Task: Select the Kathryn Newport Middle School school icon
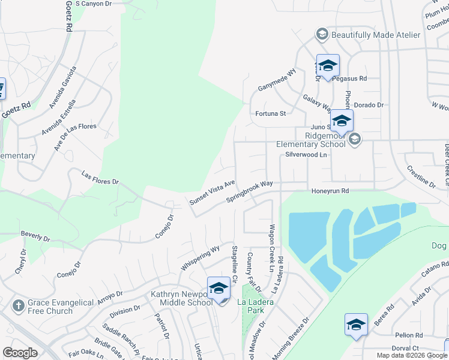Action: (x=218, y=288)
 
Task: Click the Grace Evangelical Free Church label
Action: (x=50, y=307)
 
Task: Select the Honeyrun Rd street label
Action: (x=330, y=191)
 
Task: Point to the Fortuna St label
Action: (x=270, y=113)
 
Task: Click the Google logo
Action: (x=20, y=353)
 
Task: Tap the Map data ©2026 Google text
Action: (x=411, y=355)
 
